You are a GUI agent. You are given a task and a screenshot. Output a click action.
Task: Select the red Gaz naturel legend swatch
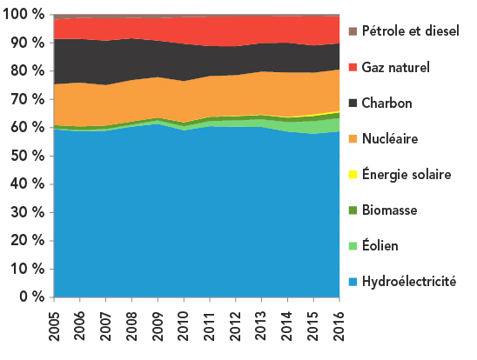353,67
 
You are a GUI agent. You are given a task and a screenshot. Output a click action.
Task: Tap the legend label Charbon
389,103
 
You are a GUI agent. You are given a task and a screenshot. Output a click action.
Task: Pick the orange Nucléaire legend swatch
353,138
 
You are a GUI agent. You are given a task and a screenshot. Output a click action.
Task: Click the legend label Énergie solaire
406,174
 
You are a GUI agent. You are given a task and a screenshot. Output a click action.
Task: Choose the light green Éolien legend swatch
353,246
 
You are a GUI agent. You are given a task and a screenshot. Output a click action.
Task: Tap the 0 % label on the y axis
30,298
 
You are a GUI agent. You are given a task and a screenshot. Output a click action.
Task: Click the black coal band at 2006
79,61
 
